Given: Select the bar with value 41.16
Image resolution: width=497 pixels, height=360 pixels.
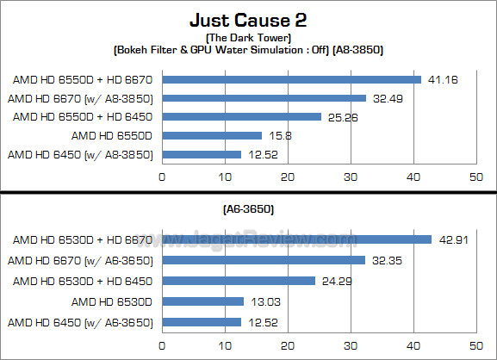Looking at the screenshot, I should click(291, 79).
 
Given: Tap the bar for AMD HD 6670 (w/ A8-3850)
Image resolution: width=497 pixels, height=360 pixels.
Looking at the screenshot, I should click(264, 98).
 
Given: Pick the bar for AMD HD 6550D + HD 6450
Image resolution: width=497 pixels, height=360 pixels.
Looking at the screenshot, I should click(241, 116).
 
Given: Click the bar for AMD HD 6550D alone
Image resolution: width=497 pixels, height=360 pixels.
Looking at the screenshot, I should click(211, 135).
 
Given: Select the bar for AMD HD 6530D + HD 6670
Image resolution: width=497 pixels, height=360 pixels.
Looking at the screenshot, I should click(296, 239).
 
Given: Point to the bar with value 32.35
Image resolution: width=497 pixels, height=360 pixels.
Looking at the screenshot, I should click(264, 259).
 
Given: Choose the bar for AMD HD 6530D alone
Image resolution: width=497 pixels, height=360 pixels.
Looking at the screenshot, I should click(202, 301).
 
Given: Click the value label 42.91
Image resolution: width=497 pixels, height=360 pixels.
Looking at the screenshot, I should click(452, 239).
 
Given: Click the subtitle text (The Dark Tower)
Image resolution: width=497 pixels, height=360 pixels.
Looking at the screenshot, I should click(248, 38).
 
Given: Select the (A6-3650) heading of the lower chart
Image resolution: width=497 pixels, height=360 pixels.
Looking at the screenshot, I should click(248, 209).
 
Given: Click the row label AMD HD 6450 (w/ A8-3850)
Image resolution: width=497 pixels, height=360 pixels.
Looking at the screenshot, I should click(80, 154).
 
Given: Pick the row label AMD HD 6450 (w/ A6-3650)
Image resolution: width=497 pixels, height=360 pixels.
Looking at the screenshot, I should click(80, 322).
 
